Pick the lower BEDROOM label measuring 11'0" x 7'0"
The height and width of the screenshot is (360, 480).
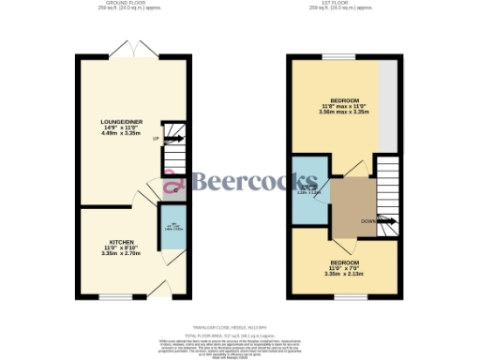[x=343, y=262]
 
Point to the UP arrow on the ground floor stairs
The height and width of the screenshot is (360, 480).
[x=155, y=138]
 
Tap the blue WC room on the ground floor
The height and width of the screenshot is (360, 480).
[x=172, y=227]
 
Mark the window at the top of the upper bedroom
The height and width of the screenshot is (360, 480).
[x=337, y=58]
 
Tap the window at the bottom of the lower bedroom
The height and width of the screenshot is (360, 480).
[x=343, y=296]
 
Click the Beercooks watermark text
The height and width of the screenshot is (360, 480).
[x=247, y=181]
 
